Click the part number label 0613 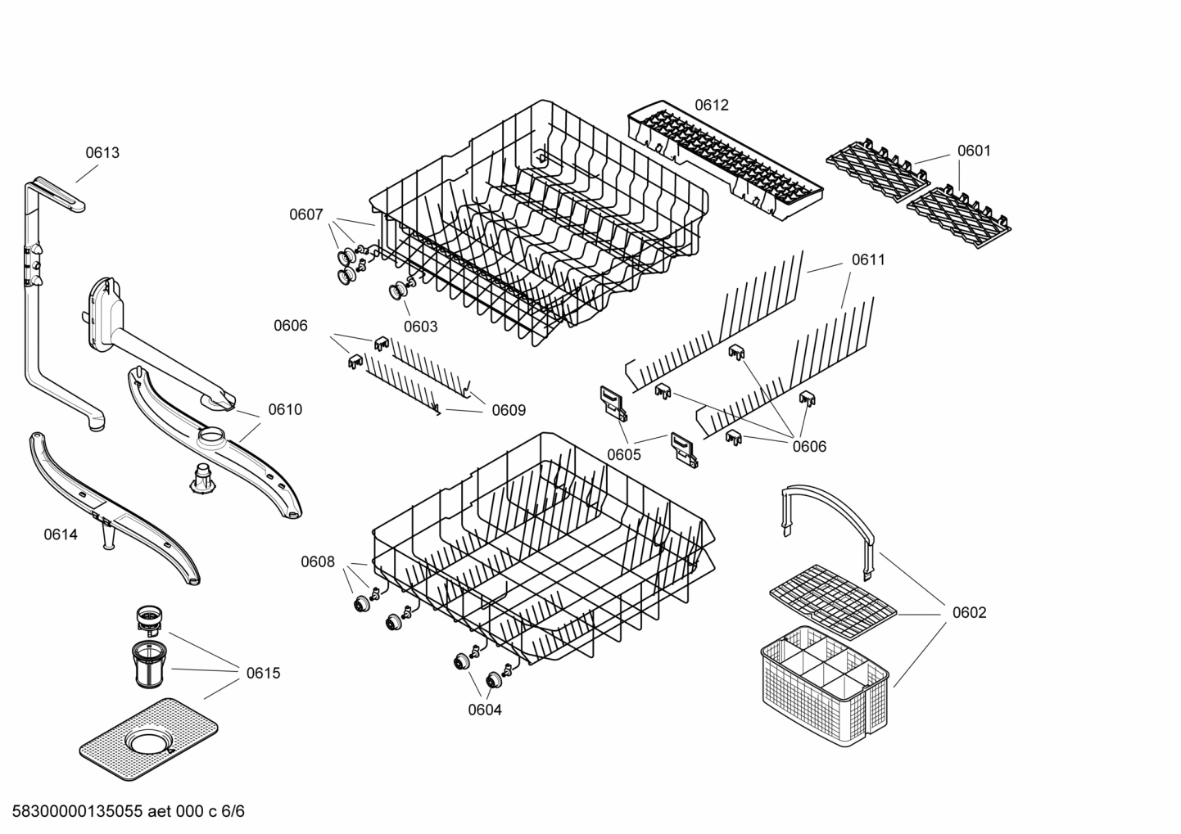(102, 152)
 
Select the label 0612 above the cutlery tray (711, 105)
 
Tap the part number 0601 (974, 151)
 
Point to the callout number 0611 (868, 259)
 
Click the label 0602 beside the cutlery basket (969, 612)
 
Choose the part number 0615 (263, 673)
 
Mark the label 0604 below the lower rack (485, 710)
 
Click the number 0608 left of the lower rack (317, 561)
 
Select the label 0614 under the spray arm (61, 534)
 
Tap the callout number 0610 (285, 409)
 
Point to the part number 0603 (420, 327)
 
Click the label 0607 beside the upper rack (305, 214)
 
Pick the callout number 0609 (509, 410)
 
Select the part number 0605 (624, 455)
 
